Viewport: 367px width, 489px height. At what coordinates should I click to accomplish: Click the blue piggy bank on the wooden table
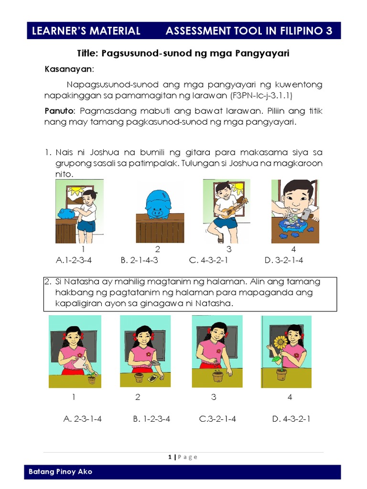point(158,202)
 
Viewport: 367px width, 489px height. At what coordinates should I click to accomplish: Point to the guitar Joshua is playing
point(237,207)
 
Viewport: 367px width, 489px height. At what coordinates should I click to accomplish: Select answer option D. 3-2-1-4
point(283,260)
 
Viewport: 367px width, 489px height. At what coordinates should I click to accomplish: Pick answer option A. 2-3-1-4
point(82,419)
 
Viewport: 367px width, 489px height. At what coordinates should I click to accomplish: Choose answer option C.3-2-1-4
point(217,419)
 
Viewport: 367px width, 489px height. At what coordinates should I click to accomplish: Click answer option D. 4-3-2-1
point(291,419)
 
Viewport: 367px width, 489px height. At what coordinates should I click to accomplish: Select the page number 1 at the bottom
point(170,457)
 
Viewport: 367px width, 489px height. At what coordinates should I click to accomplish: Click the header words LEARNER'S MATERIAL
point(86,32)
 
